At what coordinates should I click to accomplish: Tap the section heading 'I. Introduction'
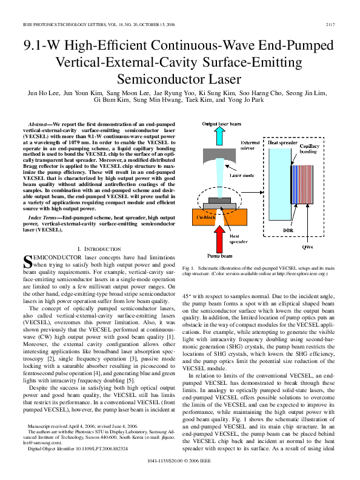pyautogui.click(x=96, y=249)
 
